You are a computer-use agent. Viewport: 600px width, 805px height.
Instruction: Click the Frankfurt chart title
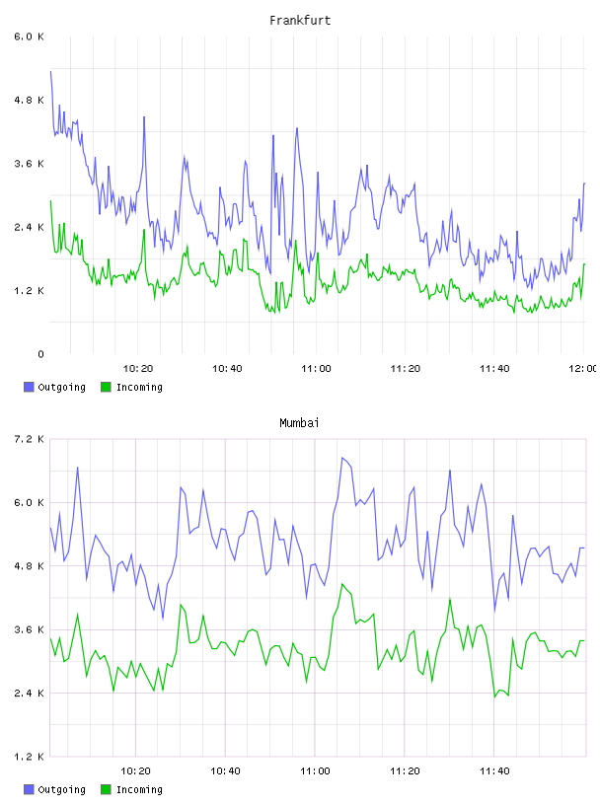tap(300, 21)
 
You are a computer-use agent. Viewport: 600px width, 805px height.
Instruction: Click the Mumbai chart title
tap(299, 423)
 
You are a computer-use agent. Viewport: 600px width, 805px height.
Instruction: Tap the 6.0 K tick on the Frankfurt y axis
tap(29, 37)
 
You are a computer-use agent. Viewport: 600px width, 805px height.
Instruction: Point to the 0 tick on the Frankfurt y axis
tap(40, 354)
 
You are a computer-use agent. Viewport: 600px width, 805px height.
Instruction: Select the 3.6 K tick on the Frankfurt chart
tap(29, 164)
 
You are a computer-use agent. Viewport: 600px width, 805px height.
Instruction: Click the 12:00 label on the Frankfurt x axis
tap(583, 369)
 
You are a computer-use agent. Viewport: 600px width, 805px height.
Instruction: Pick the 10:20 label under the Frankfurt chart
tap(138, 369)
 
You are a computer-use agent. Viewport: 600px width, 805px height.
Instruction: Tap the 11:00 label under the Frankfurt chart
tap(316, 369)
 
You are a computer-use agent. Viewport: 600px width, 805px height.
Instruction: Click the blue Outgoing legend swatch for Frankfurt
tap(29, 387)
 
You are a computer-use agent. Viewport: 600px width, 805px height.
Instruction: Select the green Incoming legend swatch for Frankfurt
tap(106, 387)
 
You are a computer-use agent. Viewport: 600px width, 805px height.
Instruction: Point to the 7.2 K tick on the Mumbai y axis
tap(29, 439)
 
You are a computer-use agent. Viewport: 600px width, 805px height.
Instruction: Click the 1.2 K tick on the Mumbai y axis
tap(29, 757)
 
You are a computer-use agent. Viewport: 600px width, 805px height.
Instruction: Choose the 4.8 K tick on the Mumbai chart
tap(29, 566)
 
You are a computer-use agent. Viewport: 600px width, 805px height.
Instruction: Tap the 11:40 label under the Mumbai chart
tap(494, 771)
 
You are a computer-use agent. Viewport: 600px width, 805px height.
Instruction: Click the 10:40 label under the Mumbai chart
tap(226, 771)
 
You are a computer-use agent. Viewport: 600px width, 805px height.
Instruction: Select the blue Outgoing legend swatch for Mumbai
tap(29, 789)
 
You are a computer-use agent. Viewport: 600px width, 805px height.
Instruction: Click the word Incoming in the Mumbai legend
tap(139, 789)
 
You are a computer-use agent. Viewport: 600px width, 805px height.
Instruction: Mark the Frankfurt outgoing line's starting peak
tap(50, 71)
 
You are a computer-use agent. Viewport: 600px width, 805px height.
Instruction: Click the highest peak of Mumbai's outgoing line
tap(342, 458)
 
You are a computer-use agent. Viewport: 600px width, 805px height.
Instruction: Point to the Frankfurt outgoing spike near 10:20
tap(144, 117)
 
